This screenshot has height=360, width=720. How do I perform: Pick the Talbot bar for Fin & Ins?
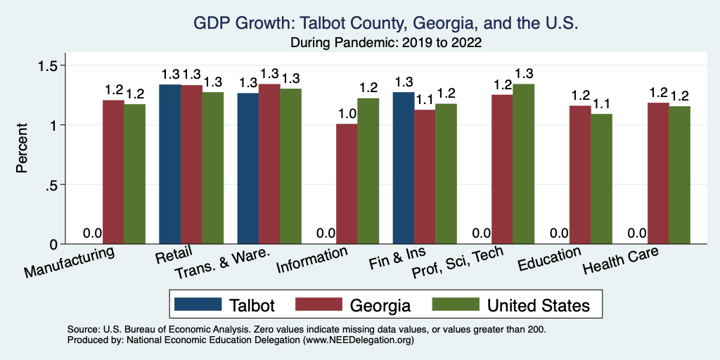[404, 168]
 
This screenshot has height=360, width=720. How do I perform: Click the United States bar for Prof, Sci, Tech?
[524, 164]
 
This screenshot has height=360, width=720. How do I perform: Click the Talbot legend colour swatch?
[197, 304]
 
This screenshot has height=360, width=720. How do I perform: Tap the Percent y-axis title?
[23, 148]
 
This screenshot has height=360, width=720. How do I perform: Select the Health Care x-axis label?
[620, 263]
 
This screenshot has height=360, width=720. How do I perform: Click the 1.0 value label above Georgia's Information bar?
[347, 114]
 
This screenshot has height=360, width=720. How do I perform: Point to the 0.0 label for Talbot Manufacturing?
[93, 233]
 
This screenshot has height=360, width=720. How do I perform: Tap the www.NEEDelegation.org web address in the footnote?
[358, 340]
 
